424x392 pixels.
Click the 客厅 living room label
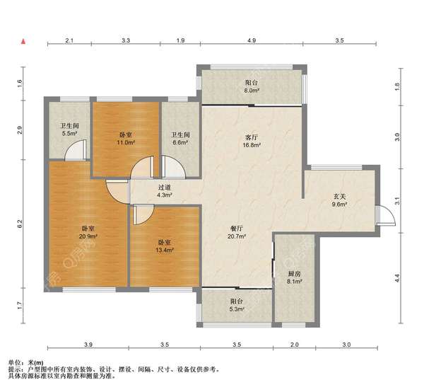252,137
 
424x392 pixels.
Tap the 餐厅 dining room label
237,229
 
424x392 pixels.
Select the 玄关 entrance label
339,197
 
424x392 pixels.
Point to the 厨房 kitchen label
294,274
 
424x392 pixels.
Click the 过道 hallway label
165,188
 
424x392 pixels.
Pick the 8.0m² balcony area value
252,91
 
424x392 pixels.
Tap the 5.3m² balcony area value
237,309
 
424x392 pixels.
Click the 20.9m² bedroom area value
88,236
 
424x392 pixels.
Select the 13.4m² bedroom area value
165,250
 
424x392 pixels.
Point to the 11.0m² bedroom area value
126,142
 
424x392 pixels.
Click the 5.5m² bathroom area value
70,133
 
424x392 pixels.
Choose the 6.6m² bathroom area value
180,142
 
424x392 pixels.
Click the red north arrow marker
23,42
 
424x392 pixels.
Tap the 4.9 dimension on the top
252,40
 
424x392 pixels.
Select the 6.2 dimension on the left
20,224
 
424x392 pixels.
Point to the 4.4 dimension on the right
396,278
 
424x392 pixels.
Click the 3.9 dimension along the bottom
88,345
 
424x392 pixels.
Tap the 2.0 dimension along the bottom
295,345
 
